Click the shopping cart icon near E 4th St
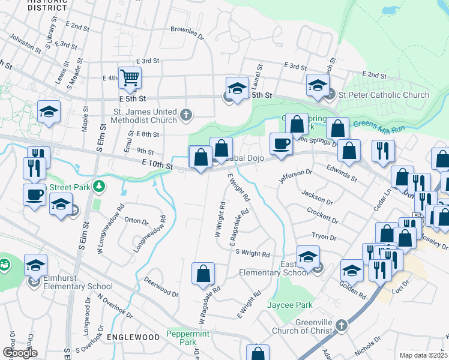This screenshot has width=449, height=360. (130, 77)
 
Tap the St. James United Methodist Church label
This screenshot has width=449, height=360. (146, 116)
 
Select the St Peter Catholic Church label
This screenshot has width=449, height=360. (384, 95)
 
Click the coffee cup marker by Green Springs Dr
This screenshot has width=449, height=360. (280, 143)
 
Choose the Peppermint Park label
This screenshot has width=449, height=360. (182, 338)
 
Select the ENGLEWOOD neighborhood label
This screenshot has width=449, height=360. (133, 338)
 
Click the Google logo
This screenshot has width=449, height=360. (19, 353)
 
